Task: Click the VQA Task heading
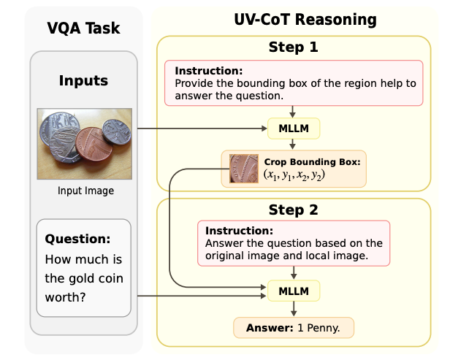coord(83,28)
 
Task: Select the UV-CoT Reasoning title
coord(305,20)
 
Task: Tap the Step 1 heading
coord(294,47)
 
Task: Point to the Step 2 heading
coord(294,210)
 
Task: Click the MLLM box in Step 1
coord(294,129)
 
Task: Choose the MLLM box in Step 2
coord(294,291)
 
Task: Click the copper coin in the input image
coord(94,145)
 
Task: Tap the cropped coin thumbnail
coord(244,169)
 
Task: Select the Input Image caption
coord(85,191)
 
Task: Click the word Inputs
coord(83,80)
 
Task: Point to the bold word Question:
coord(77,239)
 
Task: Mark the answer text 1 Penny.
coord(319,328)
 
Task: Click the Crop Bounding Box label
coord(312,162)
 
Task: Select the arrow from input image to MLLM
coord(202,129)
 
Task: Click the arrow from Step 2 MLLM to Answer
coord(294,309)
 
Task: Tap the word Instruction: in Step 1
coord(209,71)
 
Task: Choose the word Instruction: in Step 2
coord(239,231)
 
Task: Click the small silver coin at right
coord(117,131)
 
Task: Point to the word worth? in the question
coord(66,297)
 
